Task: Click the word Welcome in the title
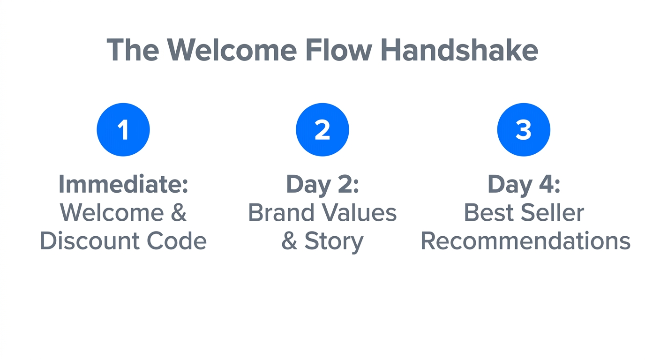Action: pyautogui.click(x=232, y=49)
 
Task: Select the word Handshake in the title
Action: pyautogui.click(x=459, y=49)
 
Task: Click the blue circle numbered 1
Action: pyautogui.click(x=123, y=130)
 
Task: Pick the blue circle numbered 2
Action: pyautogui.click(x=322, y=130)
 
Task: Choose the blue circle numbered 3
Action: pyautogui.click(x=524, y=130)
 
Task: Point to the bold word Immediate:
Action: pyautogui.click(x=123, y=184)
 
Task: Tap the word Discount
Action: pyautogui.click(x=90, y=241)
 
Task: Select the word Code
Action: pyautogui.click(x=177, y=241)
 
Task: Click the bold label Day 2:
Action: pyautogui.click(x=322, y=184)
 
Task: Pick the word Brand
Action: pyautogui.click(x=281, y=213)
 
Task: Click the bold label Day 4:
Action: pyautogui.click(x=524, y=184)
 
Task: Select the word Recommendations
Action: pyautogui.click(x=525, y=241)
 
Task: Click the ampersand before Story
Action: pyautogui.click(x=289, y=241)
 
